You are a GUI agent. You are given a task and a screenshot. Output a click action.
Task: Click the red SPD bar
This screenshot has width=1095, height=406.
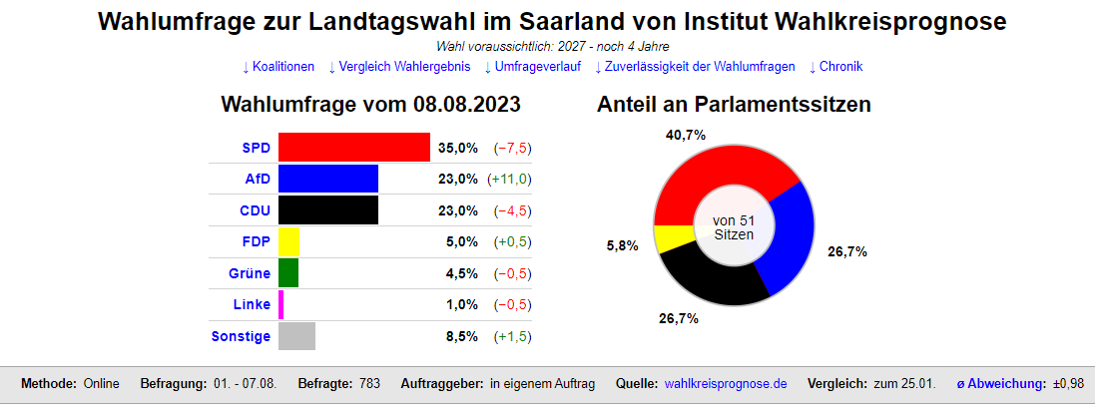[353, 148]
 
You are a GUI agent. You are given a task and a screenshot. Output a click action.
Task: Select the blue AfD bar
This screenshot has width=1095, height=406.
[327, 179]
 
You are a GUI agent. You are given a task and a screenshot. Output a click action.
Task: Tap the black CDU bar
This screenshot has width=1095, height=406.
[327, 210]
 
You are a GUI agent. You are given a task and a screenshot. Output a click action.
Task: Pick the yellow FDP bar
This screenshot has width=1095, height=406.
[288, 241]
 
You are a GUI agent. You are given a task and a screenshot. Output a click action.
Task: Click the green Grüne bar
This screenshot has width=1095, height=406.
[287, 273]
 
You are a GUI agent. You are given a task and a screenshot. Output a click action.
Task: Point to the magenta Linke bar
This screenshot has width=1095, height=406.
[281, 304]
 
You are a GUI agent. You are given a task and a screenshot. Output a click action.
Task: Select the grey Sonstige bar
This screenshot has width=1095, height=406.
[296, 336]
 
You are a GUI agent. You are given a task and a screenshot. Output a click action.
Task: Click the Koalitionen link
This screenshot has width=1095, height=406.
[278, 67]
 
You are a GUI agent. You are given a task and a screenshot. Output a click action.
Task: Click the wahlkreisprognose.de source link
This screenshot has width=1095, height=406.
[726, 384]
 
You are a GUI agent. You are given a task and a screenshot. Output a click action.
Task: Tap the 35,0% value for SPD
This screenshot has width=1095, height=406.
[458, 149]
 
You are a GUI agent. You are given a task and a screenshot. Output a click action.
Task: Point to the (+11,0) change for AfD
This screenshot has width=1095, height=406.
[509, 180]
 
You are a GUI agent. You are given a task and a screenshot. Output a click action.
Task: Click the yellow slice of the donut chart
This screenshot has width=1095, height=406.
[668, 239]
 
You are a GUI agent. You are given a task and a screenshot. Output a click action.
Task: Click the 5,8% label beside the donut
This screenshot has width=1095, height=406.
[622, 245]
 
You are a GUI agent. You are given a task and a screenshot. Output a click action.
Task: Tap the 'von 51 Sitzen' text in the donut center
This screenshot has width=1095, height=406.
[734, 227]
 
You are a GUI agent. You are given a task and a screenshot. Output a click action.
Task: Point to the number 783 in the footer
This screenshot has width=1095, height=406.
[369, 384]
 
